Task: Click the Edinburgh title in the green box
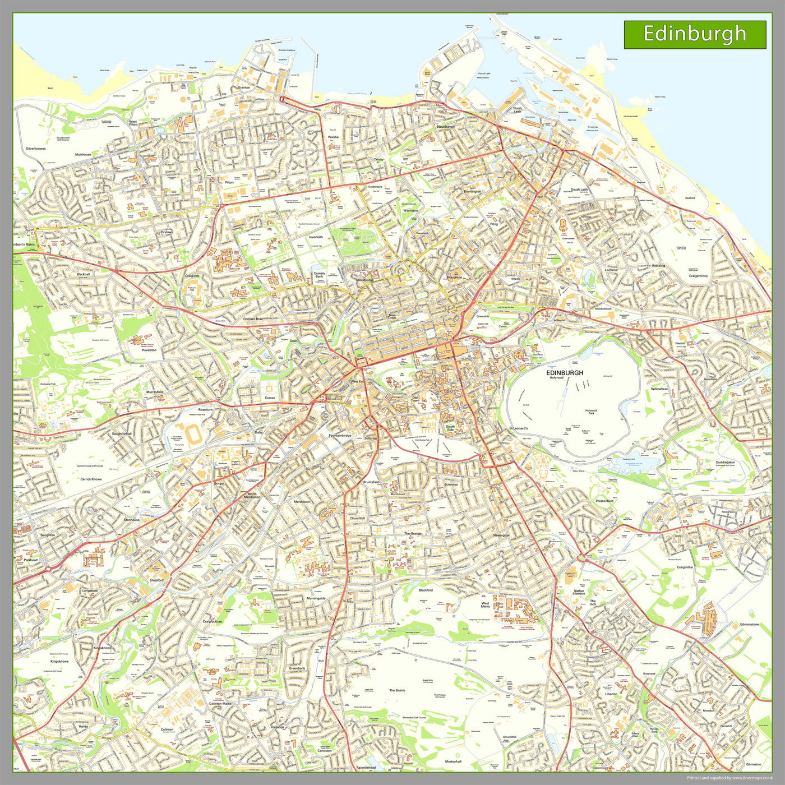pos(694,34)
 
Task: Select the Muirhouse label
pos(83,154)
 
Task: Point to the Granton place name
pos(244,87)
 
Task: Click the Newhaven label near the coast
pos(446,127)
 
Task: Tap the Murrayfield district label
pos(155,392)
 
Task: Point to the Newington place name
pos(501,535)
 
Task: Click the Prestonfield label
pos(604,501)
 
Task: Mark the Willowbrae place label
pos(659,389)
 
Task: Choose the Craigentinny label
pos(699,276)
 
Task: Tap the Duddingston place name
pos(725,463)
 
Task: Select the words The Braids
pos(397,690)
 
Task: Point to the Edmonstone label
pos(749,624)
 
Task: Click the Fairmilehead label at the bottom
pos(366,768)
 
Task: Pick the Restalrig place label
pos(658,265)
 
